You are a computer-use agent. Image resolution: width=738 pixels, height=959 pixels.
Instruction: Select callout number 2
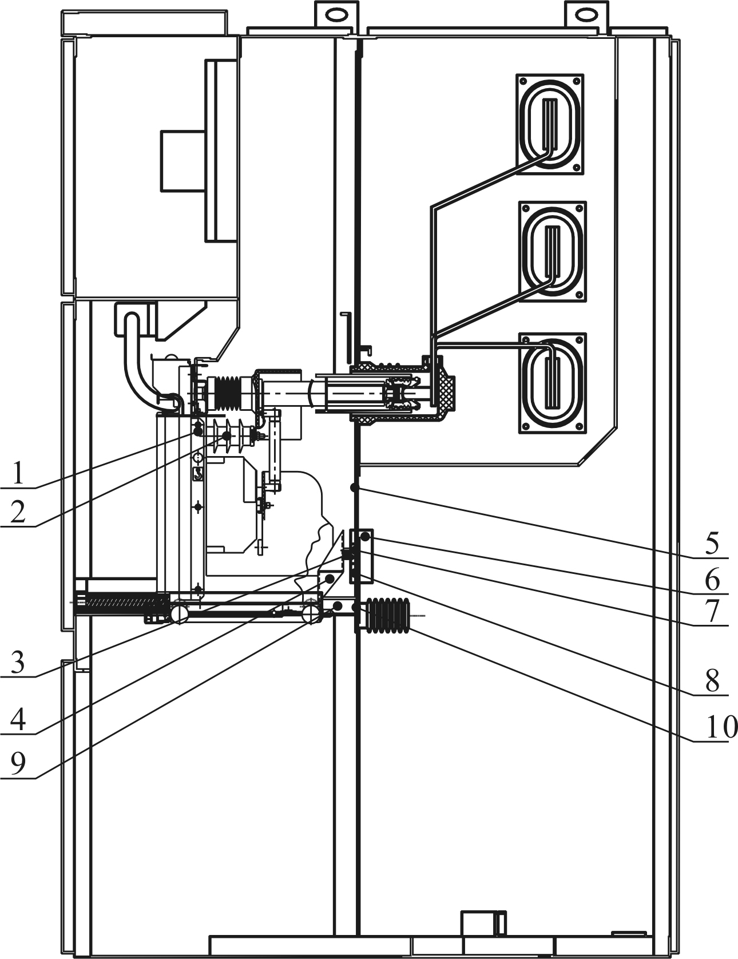pos(18,512)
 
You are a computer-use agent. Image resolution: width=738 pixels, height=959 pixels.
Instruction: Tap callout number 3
pos(18,663)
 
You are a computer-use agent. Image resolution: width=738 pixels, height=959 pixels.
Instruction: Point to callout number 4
pos(18,719)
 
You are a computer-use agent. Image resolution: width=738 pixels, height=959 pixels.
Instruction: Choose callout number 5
pos(712,544)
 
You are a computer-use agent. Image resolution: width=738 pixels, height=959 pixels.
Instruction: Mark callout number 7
pos(712,612)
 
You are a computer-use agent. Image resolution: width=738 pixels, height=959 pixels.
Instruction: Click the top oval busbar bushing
pos(550,124)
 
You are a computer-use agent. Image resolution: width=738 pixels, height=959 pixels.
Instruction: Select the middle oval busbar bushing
pos(552,251)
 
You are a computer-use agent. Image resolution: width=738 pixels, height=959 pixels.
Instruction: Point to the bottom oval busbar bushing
pos(552,382)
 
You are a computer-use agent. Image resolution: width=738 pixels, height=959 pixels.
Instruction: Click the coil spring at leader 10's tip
pos(389,616)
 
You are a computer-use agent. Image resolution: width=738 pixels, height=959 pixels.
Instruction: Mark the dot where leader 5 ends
pos(355,488)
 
